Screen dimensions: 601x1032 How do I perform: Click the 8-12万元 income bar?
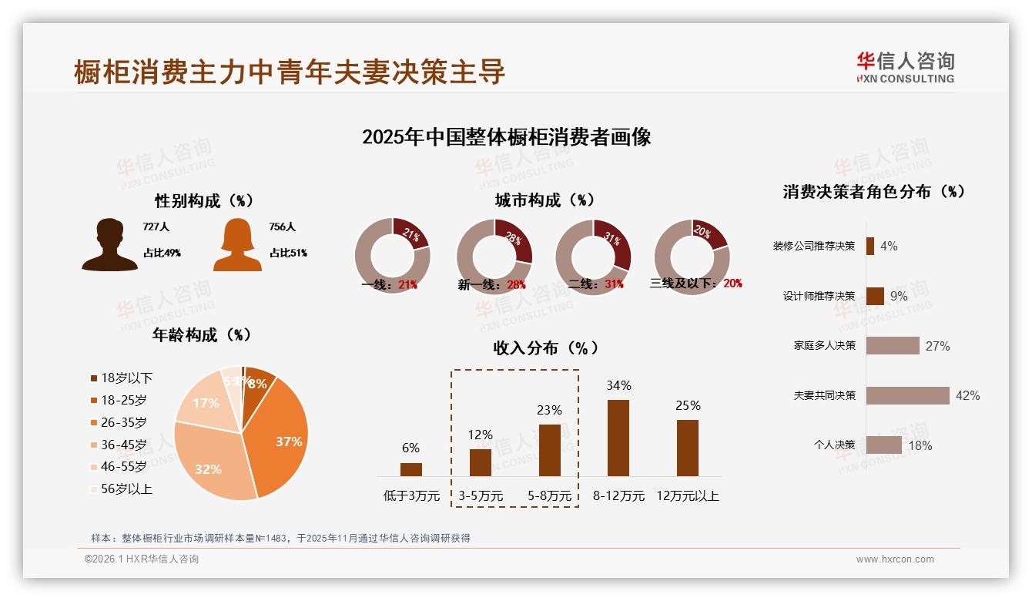tap(618, 438)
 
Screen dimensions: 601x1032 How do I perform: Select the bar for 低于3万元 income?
tap(411, 469)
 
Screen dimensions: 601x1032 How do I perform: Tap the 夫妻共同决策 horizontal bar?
tap(907, 395)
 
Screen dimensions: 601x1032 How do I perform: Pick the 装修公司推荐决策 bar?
tap(870, 246)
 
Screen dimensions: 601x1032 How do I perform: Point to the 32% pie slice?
tap(212, 462)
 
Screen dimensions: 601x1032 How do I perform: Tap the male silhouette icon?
tap(110, 244)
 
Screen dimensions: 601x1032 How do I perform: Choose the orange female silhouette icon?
tap(237, 244)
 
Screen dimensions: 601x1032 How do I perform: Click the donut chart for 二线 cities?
tap(593, 257)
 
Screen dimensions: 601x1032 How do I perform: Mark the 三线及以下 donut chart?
tap(692, 257)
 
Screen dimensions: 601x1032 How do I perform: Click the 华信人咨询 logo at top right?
tap(905, 67)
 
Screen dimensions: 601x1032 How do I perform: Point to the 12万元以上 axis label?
tap(688, 495)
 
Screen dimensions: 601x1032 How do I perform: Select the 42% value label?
tap(967, 395)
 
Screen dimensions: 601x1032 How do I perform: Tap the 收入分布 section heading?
tap(545, 348)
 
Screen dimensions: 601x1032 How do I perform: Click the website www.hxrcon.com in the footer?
tap(895, 559)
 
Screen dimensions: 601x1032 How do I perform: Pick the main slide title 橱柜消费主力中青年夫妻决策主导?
tap(290, 72)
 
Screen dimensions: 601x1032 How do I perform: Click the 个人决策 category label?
tap(834, 445)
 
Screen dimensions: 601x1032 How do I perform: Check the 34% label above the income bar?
tap(618, 385)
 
